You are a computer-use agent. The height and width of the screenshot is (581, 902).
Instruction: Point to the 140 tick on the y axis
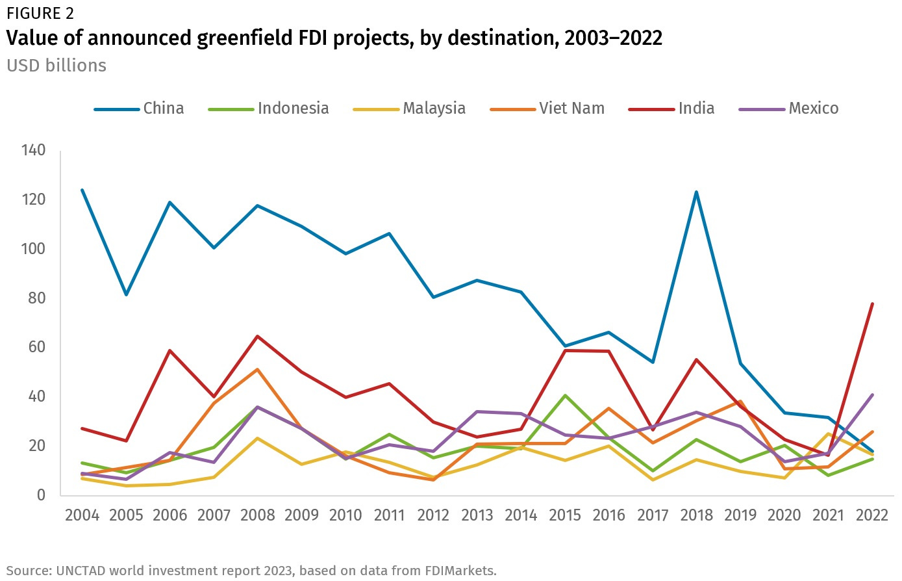pos(33,151)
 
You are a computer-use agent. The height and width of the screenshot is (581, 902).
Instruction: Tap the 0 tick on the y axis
pos(41,495)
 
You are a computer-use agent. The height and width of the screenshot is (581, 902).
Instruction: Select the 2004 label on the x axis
pos(82,515)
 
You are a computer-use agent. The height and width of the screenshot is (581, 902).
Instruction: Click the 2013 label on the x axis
pos(477,515)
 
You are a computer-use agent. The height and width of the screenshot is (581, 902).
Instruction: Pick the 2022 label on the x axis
pos(872,515)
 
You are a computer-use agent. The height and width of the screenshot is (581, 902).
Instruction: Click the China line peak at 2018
pos(696,192)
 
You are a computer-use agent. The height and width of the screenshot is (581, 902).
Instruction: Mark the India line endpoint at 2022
pos(872,303)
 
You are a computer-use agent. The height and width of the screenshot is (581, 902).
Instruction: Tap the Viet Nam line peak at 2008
pos(258,370)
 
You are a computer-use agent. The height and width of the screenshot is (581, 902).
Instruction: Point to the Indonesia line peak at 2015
pos(565,395)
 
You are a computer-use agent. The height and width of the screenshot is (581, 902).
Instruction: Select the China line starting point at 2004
pos(82,190)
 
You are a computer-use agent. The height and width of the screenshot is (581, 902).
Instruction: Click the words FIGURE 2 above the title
pos(40,13)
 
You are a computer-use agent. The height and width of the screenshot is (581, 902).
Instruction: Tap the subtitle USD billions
pos(56,66)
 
